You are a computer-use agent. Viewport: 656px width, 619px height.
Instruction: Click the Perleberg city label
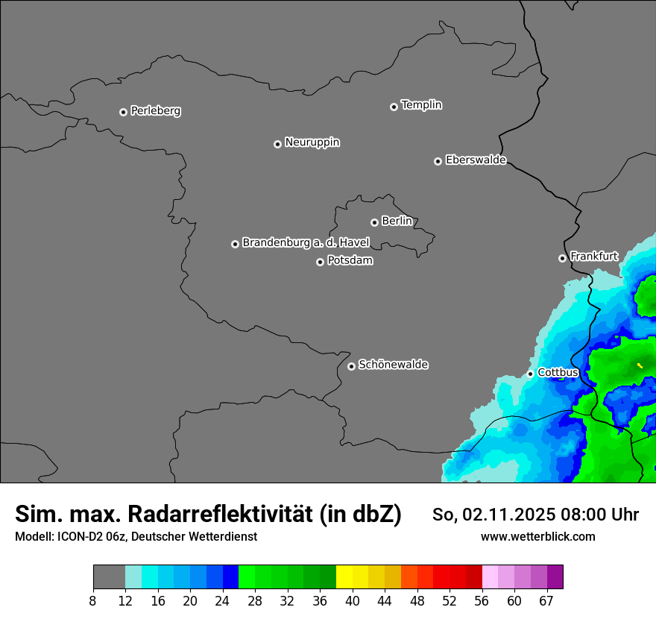[155, 111]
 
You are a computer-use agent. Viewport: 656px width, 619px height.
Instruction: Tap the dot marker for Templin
[394, 107]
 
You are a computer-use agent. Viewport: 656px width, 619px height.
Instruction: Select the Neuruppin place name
[312, 142]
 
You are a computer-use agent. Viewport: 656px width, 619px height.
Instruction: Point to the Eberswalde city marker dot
[438, 161]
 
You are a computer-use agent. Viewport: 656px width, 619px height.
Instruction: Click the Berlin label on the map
[397, 221]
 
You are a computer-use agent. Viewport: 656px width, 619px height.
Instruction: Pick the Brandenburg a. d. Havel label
[306, 243]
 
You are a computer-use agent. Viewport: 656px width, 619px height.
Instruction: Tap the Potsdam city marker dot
[320, 262]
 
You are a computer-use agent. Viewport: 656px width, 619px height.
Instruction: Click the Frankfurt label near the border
[593, 257]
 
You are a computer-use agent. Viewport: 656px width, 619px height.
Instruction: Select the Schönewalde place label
[393, 365]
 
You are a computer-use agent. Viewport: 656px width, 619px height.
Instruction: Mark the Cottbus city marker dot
[530, 374]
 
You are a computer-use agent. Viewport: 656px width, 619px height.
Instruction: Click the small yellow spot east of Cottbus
[640, 365]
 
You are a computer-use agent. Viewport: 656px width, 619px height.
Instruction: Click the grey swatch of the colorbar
[109, 577]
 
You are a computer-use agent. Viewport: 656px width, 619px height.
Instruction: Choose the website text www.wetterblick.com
[537, 537]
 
